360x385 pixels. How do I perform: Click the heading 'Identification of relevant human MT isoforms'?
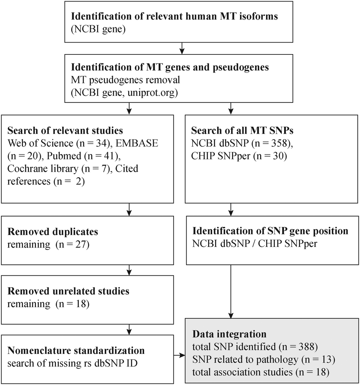[x=174, y=16]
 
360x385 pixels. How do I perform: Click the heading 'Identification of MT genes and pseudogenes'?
[x=170, y=67]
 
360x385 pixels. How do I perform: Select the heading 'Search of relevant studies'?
[x=65, y=130]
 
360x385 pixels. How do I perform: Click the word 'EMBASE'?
[x=137, y=143]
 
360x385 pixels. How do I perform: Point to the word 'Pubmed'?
[x=64, y=156]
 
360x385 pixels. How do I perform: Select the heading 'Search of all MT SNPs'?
[x=242, y=130]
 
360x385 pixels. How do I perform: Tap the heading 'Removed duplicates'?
[x=53, y=231]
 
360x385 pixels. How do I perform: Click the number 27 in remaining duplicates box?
[x=79, y=244]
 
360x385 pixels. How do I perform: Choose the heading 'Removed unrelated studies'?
[x=68, y=291]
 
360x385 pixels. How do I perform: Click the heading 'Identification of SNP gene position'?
[x=270, y=231]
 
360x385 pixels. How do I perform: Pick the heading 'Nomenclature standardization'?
[x=76, y=350]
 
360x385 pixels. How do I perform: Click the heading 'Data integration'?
[x=229, y=334]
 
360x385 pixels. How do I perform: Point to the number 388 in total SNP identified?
[x=306, y=347]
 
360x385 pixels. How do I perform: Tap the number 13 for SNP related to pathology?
[x=324, y=359]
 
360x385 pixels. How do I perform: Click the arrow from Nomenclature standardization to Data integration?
[x=179, y=355]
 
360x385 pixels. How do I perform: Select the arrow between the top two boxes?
[x=181, y=48]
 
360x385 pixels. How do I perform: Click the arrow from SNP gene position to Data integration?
[x=231, y=292]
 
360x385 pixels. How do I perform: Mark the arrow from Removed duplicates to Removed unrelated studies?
[x=129, y=270]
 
